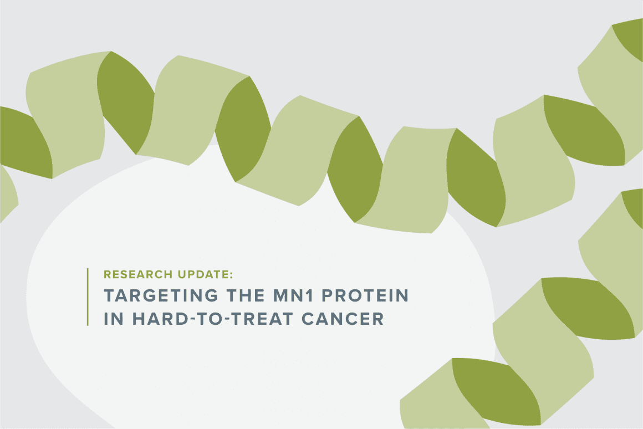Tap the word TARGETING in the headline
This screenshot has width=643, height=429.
click(x=161, y=295)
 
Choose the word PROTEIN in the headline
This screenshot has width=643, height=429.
click(x=365, y=295)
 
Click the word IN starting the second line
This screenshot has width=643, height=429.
click(x=114, y=319)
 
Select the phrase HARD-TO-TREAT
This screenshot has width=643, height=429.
click(x=213, y=319)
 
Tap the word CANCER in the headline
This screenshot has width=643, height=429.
click(x=343, y=319)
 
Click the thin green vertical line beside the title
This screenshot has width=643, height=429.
click(x=88, y=297)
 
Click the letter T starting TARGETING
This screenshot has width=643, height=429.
click(x=110, y=295)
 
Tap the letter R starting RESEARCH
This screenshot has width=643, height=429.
click(x=108, y=274)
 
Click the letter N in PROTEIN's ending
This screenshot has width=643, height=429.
click(x=402, y=295)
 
